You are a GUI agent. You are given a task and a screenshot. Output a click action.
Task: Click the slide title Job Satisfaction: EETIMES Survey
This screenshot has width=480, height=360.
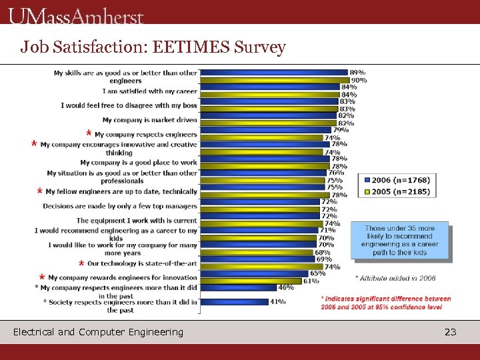coord(153,47)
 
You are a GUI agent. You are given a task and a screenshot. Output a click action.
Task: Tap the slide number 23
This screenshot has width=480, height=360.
coord(450,331)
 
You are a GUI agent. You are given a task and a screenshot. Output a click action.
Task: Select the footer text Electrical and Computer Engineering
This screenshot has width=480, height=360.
coord(98,331)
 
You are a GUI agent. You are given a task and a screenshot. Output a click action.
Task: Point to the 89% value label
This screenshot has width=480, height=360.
coord(357,72)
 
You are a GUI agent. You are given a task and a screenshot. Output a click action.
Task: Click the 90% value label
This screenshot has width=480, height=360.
coord(359,80)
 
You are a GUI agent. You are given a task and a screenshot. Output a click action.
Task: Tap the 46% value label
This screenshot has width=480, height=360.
coord(286,287)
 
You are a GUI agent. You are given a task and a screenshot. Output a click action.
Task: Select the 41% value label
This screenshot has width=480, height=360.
coord(278,301)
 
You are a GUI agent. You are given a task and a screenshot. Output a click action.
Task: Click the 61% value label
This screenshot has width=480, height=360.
coord(310,281)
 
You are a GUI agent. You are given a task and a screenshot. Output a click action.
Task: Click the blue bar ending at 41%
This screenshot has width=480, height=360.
coord(234,301)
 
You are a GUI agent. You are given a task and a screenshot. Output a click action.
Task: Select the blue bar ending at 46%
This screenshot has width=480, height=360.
coord(238,287)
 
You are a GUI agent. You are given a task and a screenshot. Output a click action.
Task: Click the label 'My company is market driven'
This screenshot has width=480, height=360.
coord(150,120)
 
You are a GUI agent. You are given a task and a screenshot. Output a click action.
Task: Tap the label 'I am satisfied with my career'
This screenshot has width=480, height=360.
coord(150,91)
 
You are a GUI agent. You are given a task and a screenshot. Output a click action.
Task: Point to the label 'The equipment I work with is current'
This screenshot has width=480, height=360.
coord(137,220)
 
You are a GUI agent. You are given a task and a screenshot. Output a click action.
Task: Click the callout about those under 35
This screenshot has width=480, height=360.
coord(399,241)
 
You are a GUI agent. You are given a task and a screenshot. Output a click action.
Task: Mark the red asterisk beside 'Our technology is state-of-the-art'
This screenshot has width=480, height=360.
coord(81,263)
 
